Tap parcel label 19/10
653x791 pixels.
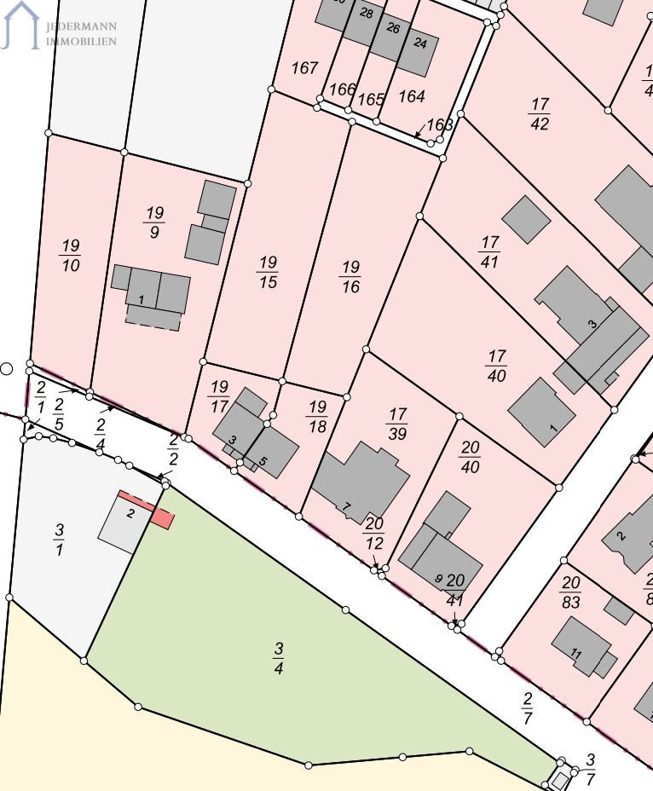click(x=70, y=256)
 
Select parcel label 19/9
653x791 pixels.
click(x=154, y=222)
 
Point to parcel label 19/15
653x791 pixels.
click(x=268, y=272)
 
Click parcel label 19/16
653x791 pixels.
click(x=350, y=277)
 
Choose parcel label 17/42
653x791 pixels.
click(x=539, y=114)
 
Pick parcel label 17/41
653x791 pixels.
click(x=489, y=252)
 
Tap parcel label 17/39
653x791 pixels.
click(x=397, y=424)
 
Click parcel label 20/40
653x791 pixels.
click(x=470, y=457)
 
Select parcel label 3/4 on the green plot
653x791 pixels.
click(x=279, y=658)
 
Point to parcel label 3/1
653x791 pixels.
click(x=59, y=540)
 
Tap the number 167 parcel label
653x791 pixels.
click(x=304, y=67)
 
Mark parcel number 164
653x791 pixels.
click(x=412, y=96)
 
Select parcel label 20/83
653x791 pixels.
click(x=571, y=592)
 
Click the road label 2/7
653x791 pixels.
click(x=528, y=707)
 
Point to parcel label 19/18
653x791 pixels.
click(x=318, y=416)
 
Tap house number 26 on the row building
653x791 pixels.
click(x=393, y=28)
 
